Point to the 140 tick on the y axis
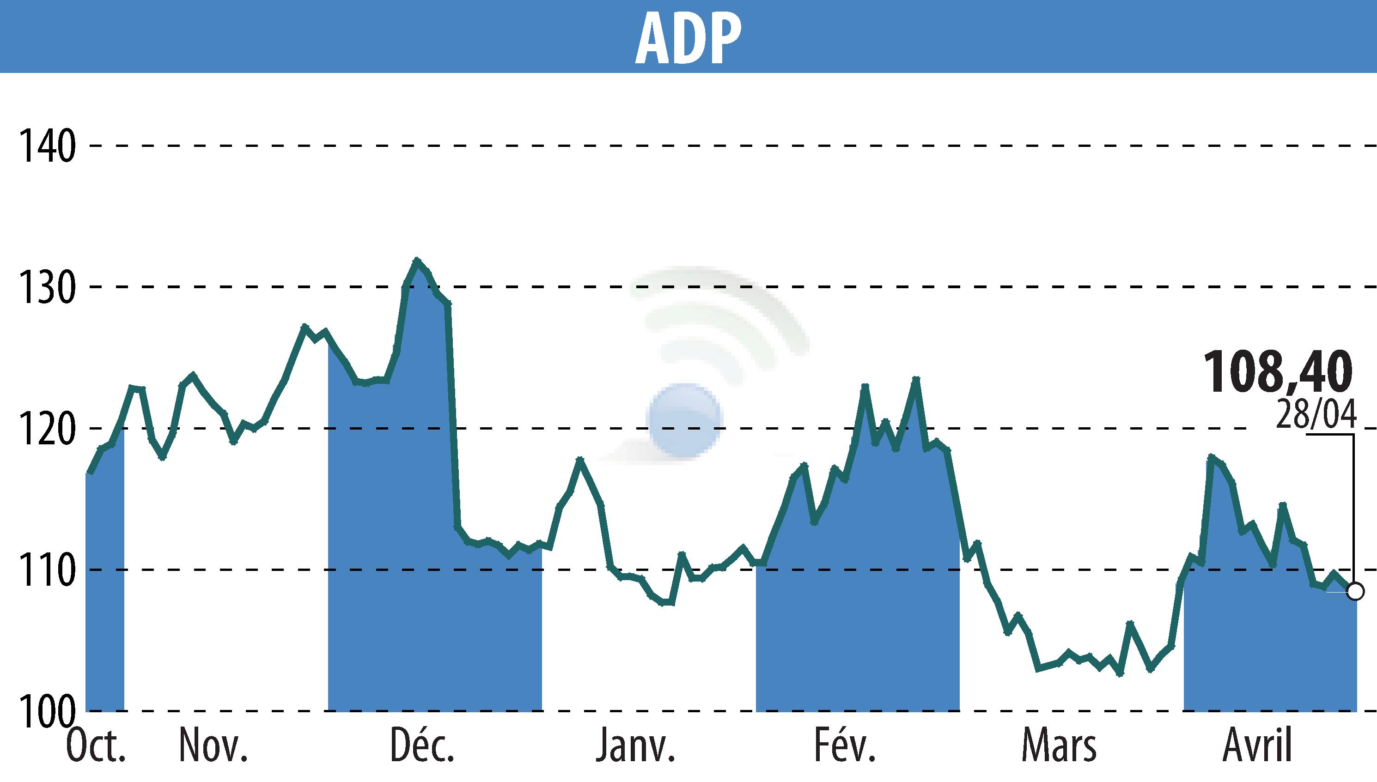[x=47, y=146]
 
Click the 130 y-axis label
[x=47, y=287]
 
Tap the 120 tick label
[x=47, y=429]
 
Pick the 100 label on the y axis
[x=47, y=711]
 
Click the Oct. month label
[x=96, y=746]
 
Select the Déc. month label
[x=422, y=746]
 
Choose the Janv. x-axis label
[x=634, y=746]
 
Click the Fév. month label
[x=845, y=746]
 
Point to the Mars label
[x=1059, y=746]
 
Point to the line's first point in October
[x=90, y=473]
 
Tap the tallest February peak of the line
[x=916, y=379]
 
